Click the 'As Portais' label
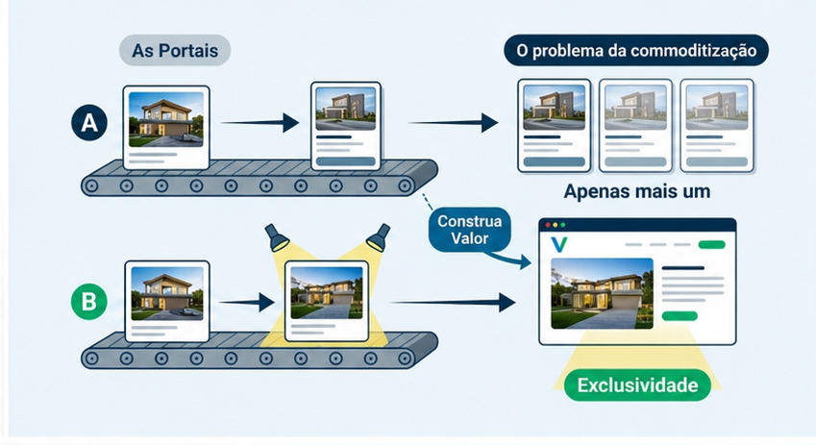(175, 51)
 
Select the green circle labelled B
(88, 302)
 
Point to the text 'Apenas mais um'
(637, 191)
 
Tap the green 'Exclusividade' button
(637, 385)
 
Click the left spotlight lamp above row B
(280, 235)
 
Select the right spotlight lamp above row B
(377, 235)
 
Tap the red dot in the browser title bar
(549, 225)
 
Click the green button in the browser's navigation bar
(712, 244)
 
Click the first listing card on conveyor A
(167, 128)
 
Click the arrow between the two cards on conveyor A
(260, 122)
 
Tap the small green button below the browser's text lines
(680, 315)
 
